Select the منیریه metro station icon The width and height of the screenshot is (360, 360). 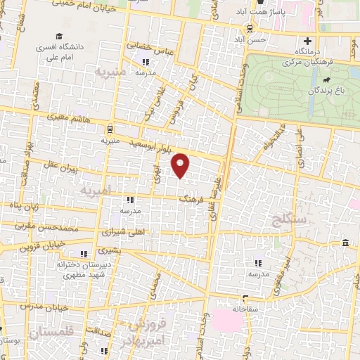[x=109, y=129]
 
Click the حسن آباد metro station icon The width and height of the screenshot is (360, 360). [x=250, y=29]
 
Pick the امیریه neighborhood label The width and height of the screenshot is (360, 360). [x=95, y=191]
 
